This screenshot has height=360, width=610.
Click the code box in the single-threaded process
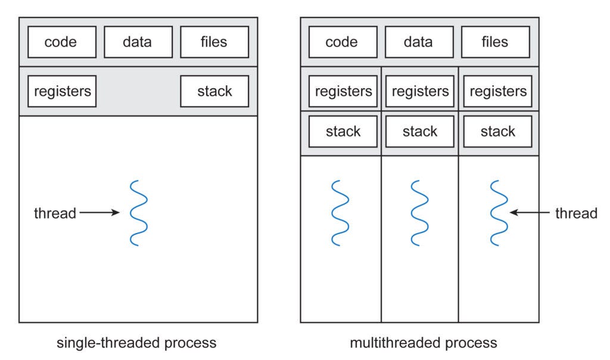61,42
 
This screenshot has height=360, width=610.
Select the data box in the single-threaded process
138,42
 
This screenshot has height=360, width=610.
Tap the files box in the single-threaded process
214,42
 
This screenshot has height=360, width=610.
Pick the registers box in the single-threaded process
62,91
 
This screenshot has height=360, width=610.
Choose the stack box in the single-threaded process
214,91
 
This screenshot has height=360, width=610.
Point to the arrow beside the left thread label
99,213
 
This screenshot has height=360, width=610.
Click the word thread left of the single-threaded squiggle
55,213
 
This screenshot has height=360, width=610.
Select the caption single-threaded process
136,343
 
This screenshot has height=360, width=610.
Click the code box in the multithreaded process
342,42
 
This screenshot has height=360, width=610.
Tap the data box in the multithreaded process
419,42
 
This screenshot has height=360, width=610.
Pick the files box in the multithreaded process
496,42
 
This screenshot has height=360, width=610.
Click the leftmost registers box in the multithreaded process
343,91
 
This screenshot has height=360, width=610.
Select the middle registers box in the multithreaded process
420,91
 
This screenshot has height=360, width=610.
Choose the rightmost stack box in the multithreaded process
497,131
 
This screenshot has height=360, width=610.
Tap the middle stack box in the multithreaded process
420,131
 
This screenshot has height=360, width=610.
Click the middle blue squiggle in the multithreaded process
420,213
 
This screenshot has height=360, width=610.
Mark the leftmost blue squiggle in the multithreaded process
340,213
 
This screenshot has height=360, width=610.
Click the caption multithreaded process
424,343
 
